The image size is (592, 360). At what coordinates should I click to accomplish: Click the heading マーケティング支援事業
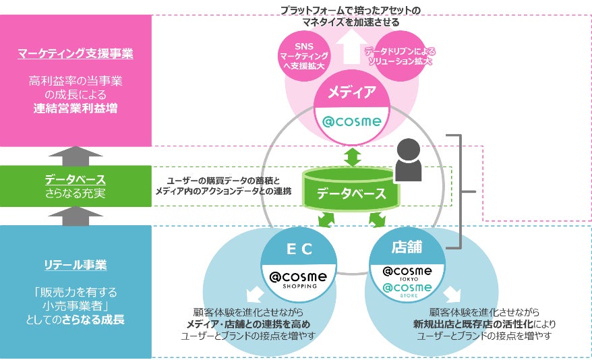76,53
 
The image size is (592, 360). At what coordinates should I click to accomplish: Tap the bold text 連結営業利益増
76,107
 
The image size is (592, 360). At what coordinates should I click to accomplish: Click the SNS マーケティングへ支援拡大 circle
303,56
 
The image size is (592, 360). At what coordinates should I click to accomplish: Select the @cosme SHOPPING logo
298,279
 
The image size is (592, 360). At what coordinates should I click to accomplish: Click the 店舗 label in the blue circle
407,247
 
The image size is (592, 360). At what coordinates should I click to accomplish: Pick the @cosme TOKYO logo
407,272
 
